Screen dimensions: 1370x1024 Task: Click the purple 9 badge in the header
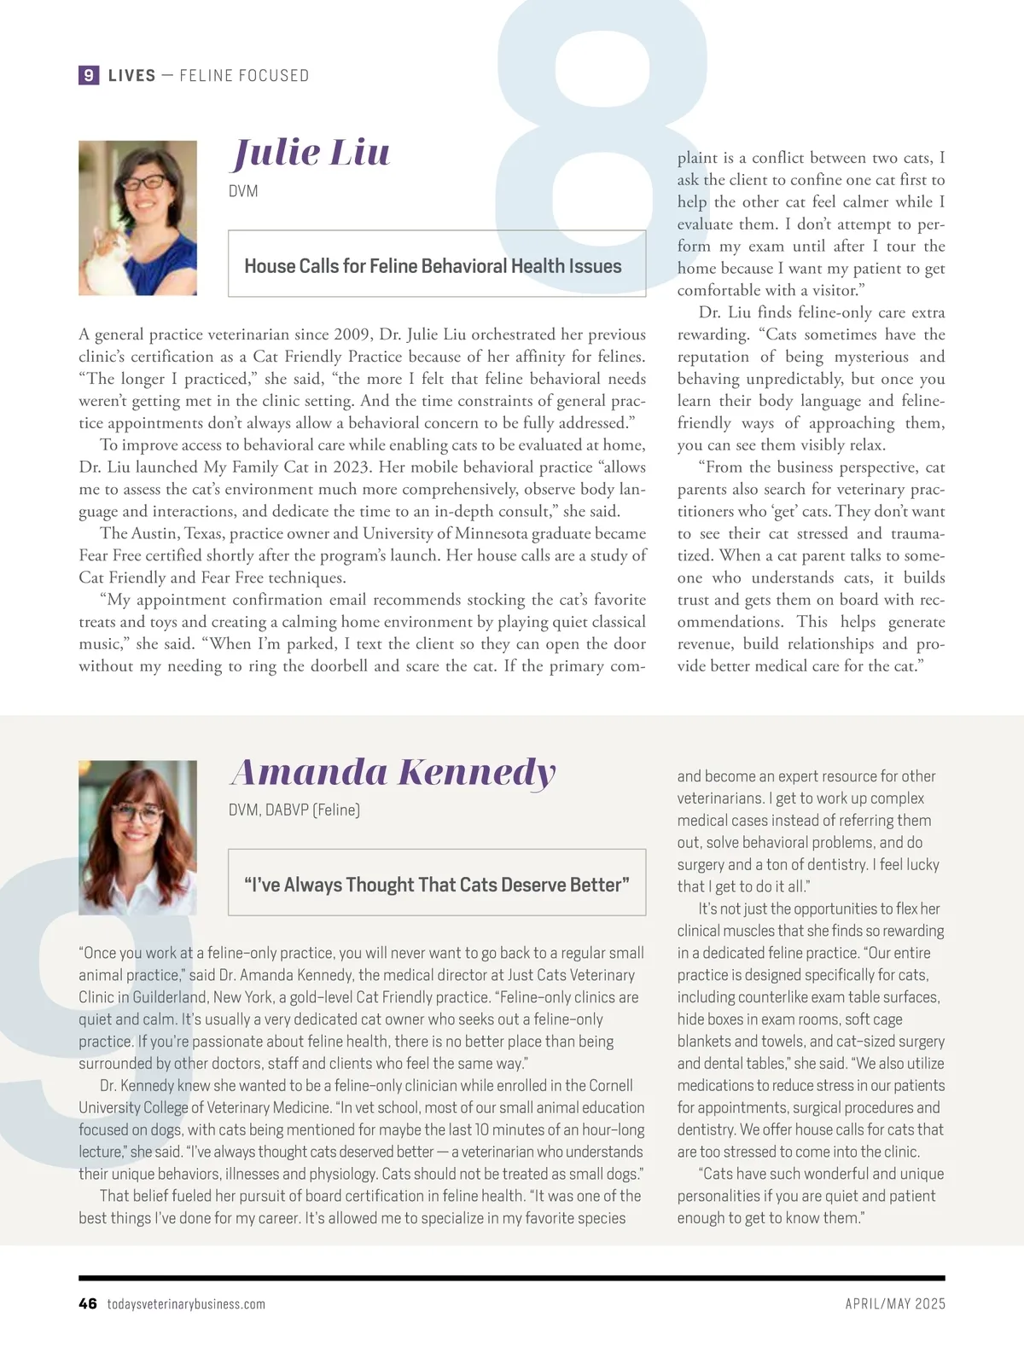[x=88, y=75]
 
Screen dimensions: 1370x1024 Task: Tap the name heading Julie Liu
[x=312, y=153]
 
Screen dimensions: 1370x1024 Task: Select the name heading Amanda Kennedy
[x=393, y=772]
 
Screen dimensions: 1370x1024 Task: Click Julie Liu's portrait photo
[x=137, y=218]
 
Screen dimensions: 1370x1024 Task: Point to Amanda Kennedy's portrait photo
[x=137, y=838]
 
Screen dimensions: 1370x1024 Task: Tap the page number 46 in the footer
[x=87, y=1303]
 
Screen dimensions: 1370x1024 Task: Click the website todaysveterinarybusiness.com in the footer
[x=186, y=1304]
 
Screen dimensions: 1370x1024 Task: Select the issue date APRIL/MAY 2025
[x=895, y=1304]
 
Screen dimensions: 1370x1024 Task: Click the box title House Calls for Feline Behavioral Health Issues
[x=433, y=266]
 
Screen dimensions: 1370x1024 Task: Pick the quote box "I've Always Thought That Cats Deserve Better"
[x=437, y=885]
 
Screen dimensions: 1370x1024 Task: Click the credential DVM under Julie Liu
[x=243, y=191]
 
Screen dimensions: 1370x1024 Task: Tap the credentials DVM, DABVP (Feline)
[x=294, y=810]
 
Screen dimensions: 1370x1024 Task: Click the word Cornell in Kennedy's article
[x=604, y=1086]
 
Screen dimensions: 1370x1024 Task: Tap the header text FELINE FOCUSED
[x=244, y=75]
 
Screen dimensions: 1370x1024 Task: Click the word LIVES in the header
[x=132, y=75]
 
